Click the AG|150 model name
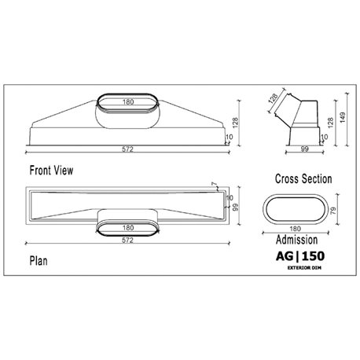298,257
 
